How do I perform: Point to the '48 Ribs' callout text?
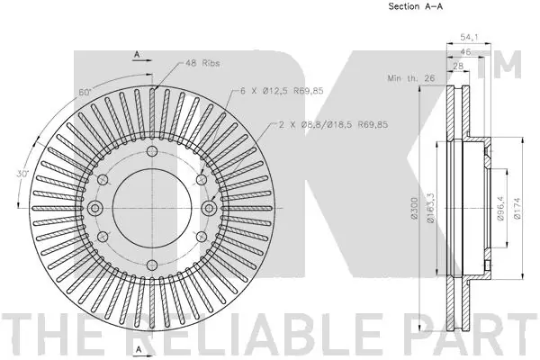[x=203, y=64]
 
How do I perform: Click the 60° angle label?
[x=85, y=93]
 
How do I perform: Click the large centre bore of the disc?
[x=151, y=208]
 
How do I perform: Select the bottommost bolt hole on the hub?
[x=151, y=266]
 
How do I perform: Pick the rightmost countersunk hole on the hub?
[x=209, y=208]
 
